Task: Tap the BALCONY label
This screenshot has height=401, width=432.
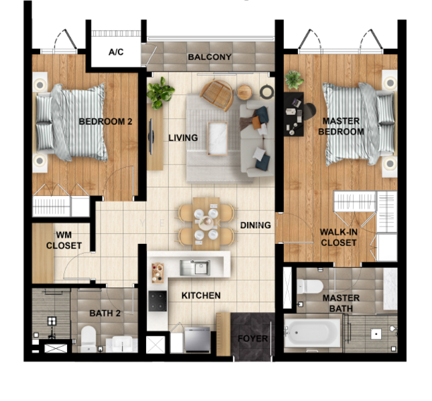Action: [x=210, y=57]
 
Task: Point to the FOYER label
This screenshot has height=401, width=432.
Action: [x=253, y=339]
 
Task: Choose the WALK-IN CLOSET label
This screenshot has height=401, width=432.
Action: [x=338, y=237]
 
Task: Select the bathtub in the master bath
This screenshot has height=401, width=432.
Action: [x=312, y=331]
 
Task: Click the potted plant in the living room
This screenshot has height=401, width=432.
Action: [x=160, y=92]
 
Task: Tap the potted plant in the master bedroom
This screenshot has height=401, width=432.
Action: [x=294, y=80]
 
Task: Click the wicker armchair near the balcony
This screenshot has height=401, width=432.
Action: [x=216, y=94]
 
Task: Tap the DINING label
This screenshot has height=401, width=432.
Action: [x=255, y=225]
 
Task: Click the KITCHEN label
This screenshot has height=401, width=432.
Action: [x=200, y=295]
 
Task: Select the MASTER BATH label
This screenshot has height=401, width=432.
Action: [x=341, y=303]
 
